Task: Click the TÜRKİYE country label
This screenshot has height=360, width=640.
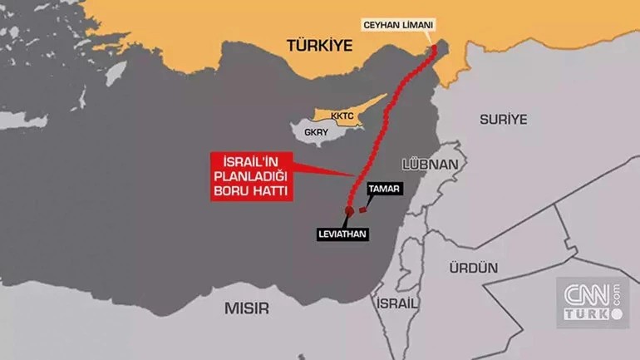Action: click(319, 45)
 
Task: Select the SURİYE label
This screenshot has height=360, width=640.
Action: click(504, 119)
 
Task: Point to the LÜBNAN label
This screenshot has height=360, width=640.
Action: click(430, 164)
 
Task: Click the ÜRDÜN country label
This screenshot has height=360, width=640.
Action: click(473, 268)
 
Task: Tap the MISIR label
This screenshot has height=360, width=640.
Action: click(247, 308)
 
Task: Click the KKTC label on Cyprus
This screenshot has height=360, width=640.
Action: click(342, 116)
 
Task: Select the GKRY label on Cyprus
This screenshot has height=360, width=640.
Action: click(317, 131)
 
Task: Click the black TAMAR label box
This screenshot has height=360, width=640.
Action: click(385, 190)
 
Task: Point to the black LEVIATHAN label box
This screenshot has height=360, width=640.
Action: click(342, 234)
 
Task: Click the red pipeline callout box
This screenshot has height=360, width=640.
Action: click(251, 175)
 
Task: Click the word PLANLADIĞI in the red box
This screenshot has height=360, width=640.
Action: click(251, 175)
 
